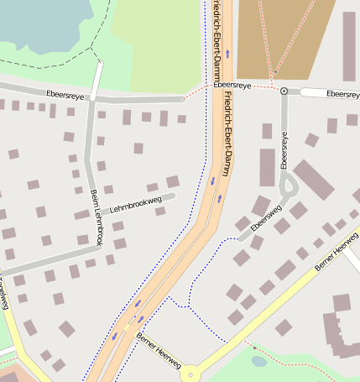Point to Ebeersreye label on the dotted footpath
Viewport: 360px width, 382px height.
pos(232,86)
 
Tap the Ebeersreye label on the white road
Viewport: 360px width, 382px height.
pos(342,93)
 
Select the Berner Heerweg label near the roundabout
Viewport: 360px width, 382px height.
pos(158,350)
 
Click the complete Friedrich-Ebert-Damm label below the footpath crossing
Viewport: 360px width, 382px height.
pos(227,134)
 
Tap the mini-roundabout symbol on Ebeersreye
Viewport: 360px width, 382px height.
pos(284,91)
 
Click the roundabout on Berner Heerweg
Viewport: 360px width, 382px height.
pos(192,372)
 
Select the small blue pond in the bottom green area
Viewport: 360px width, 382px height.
pos(258,361)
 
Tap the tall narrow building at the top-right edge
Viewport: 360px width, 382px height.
pos(349,46)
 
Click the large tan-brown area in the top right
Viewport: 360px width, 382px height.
pos(285,38)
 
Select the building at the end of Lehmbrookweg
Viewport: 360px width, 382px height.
pos(172,181)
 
